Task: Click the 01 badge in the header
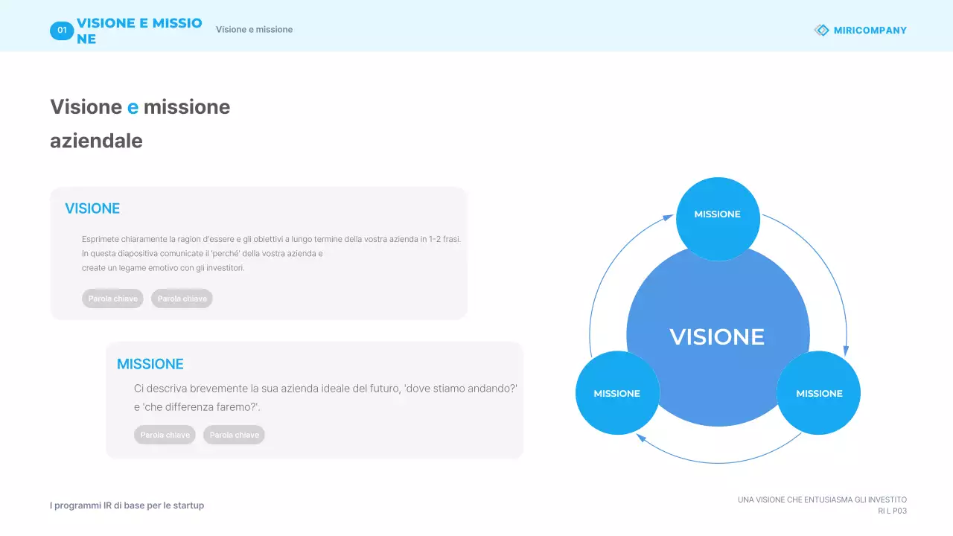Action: pyautogui.click(x=62, y=31)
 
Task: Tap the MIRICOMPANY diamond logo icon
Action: pyautogui.click(x=821, y=31)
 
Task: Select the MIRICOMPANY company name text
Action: pyautogui.click(x=870, y=31)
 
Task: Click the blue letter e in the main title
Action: pyautogui.click(x=133, y=107)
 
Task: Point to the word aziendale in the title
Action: pyautogui.click(x=96, y=141)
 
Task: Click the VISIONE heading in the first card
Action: pyautogui.click(x=92, y=208)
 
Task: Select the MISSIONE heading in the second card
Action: pyautogui.click(x=150, y=364)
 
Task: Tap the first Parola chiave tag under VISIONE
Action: pyautogui.click(x=112, y=299)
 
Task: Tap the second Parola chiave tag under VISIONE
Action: pyautogui.click(x=182, y=299)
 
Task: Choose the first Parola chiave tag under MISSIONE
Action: pyautogui.click(x=165, y=435)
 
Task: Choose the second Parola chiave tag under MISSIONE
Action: pyautogui.click(x=234, y=435)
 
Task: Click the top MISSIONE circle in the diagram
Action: pyautogui.click(x=718, y=219)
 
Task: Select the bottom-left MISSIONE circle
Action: pyautogui.click(x=617, y=392)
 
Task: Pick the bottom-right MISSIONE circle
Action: pyautogui.click(x=818, y=392)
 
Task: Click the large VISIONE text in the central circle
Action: pyautogui.click(x=717, y=337)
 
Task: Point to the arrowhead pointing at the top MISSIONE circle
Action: pyautogui.click(x=668, y=218)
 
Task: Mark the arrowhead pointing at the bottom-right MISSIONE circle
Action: pyautogui.click(x=846, y=351)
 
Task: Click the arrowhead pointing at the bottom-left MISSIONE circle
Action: pyautogui.click(x=641, y=437)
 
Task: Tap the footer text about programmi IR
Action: pyautogui.click(x=127, y=505)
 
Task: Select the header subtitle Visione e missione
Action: pyautogui.click(x=254, y=30)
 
